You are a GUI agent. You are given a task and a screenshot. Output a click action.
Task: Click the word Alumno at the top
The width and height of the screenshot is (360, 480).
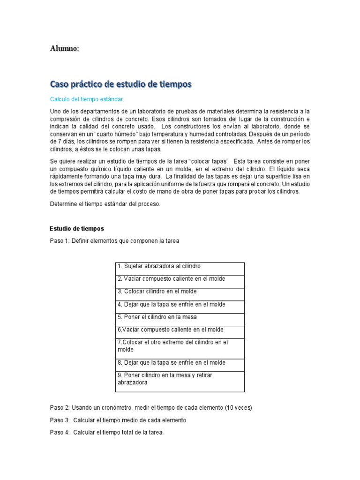tap(64, 49)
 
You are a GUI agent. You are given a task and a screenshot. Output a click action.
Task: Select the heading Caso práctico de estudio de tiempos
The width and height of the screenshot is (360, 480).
tap(121, 84)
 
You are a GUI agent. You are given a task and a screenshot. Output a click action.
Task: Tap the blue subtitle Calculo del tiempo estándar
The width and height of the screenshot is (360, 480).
tap(87, 99)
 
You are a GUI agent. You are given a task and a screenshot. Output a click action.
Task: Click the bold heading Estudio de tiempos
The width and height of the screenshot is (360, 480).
tap(76, 229)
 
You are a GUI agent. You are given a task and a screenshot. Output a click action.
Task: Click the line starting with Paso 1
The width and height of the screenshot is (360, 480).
tap(114, 241)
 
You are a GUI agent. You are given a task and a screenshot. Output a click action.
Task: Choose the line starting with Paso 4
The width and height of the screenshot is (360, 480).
tap(107, 433)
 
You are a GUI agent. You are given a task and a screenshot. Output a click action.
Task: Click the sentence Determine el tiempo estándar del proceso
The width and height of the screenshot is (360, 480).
tap(105, 204)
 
